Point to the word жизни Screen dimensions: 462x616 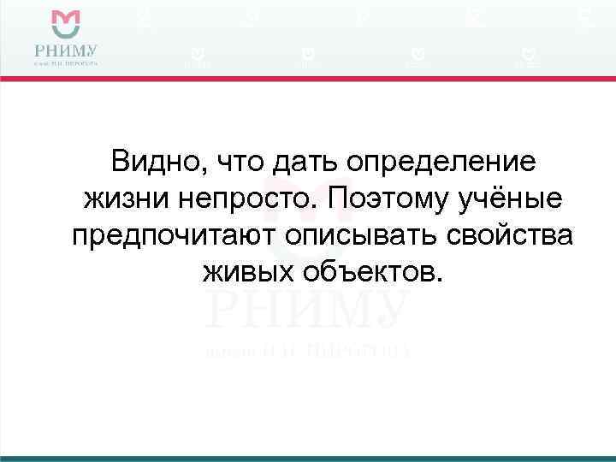pyautogui.click(x=126, y=199)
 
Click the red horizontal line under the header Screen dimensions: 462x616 pyautogui.click(x=308, y=79)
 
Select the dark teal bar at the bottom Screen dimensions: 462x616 pyautogui.click(x=308, y=459)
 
